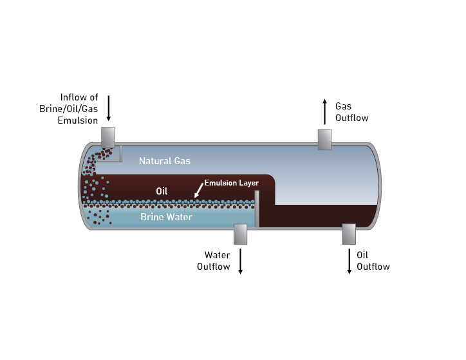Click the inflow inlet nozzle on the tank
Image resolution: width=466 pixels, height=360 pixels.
pos(107,136)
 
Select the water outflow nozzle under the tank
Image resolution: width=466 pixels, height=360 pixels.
pos(240,234)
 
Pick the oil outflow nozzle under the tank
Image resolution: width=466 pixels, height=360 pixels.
pos(349,234)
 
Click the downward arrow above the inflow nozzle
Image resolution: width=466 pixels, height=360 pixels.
pos(109,108)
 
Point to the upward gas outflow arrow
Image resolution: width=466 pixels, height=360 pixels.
pos(324,111)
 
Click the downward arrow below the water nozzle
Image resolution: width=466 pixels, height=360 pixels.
pos(241,261)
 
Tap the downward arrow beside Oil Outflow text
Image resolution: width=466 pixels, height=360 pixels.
pos(349,261)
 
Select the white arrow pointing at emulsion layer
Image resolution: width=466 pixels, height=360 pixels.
pos(198,190)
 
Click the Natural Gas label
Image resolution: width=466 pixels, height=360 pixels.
pos(165,161)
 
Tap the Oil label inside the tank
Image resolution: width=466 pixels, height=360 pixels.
pos(162,191)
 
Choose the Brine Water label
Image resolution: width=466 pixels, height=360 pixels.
pos(167,217)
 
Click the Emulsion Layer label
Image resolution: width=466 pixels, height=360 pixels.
pos(232,183)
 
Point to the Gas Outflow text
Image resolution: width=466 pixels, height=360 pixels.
pos(351,111)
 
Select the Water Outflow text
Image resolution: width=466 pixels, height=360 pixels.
pos(213,261)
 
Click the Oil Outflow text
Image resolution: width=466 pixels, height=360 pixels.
pos(373,261)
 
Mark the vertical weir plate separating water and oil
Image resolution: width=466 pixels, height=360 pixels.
pos(257,209)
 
